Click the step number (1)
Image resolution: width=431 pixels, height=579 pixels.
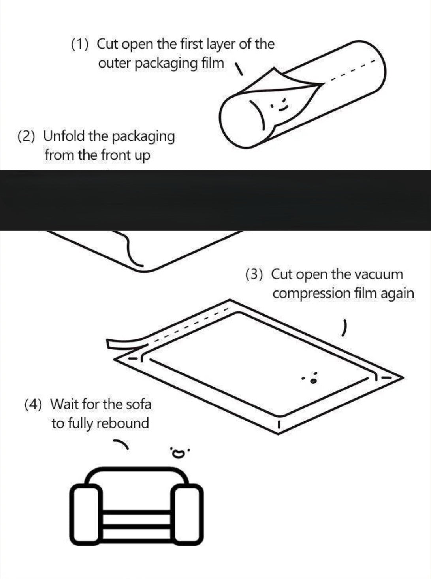coord(80,45)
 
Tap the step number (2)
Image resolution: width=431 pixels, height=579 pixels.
coord(26,136)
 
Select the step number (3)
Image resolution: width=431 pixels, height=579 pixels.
coord(254,275)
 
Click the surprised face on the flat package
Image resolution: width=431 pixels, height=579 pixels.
coord(311,377)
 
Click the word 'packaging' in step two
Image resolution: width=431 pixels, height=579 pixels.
coord(143,137)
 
